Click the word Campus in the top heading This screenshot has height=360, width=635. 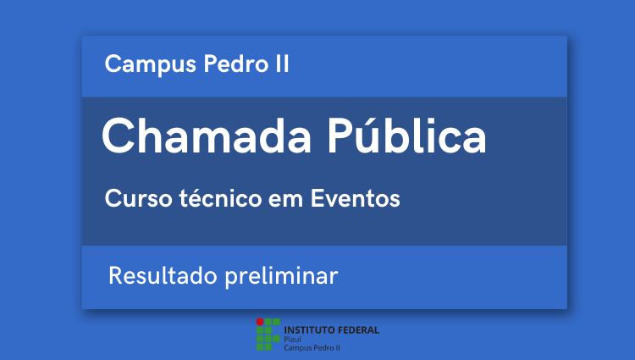click(150, 64)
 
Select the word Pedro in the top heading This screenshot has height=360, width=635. click(236, 64)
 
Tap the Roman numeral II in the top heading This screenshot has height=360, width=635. click(282, 64)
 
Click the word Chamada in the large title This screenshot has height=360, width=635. click(207, 136)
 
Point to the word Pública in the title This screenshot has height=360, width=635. click(406, 135)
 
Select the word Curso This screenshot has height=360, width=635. click(139, 198)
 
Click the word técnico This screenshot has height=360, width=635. click(221, 197)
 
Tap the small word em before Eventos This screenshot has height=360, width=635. click(286, 201)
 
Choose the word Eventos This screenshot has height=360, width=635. click(355, 198)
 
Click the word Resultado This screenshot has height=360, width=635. click(163, 275)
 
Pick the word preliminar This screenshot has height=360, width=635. click(281, 277)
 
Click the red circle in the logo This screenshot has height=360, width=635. click(260, 322)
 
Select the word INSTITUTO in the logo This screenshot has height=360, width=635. click(309, 330)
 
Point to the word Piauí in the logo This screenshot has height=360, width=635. click(292, 340)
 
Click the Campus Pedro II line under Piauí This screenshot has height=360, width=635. click(312, 348)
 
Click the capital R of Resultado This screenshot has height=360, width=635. click(115, 276)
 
